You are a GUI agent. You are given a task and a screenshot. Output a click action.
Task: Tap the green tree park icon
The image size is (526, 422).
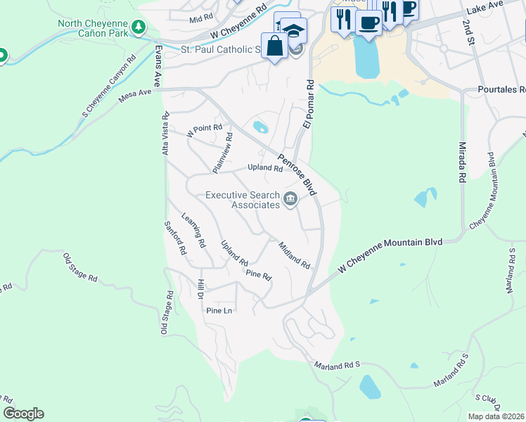click(140, 27)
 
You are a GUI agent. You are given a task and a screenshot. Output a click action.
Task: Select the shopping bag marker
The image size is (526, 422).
click(274, 46)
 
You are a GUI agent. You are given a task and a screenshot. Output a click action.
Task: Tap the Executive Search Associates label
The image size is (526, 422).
click(242, 200)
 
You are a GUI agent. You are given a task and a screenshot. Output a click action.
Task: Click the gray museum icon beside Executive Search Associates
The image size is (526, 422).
click(290, 201)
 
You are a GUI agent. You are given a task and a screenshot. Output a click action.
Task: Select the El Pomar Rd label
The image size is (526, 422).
click(307, 103)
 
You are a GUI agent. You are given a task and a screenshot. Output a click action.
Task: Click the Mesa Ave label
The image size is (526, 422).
click(135, 96)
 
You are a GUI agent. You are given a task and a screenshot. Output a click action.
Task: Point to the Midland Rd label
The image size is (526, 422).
click(294, 255)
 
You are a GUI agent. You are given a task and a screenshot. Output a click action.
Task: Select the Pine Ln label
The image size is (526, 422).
click(219, 310)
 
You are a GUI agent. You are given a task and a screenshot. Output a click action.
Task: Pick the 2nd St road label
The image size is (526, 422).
click(468, 32)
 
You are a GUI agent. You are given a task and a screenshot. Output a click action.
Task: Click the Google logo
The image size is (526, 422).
click(23, 414)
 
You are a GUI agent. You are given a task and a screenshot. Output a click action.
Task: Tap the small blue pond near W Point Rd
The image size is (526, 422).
click(259, 127)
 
